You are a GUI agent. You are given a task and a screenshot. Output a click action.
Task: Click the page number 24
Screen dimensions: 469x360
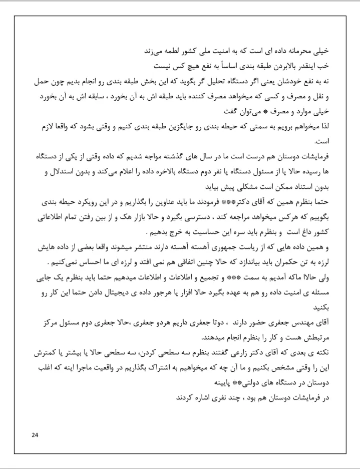coord(35,434)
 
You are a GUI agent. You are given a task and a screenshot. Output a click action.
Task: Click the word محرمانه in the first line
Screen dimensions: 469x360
coord(311,50)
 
